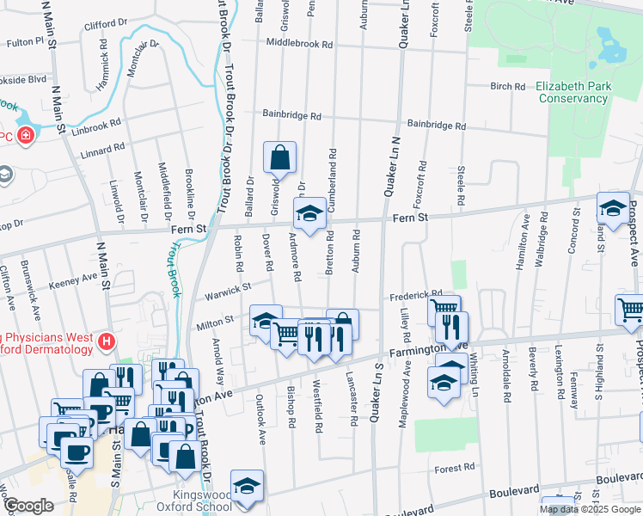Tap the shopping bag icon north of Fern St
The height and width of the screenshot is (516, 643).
280,158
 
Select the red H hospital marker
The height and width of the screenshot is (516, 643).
107,341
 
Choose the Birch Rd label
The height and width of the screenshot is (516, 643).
507,87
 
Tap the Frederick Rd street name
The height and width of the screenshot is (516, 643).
416,294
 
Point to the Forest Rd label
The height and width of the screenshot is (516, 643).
455,469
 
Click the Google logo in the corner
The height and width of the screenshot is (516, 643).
28,506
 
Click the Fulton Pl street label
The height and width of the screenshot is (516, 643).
27,41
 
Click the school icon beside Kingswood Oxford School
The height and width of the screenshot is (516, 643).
247,486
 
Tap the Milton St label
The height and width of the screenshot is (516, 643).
217,321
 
